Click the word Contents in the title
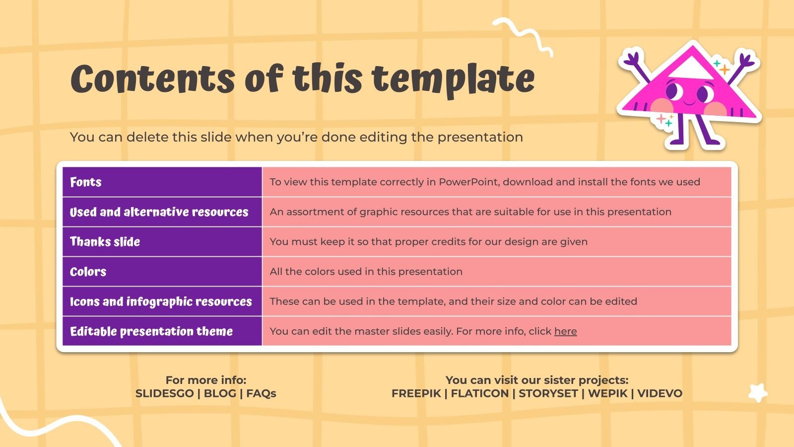tap(153, 79)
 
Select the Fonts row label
tap(86, 182)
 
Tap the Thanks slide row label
tap(105, 241)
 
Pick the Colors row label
tap(88, 272)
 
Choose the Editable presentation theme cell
tap(162, 331)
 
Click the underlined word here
tap(565, 331)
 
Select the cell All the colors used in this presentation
tap(497, 272)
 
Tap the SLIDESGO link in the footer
tap(164, 393)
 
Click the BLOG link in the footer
tap(220, 393)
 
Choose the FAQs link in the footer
tap(261, 393)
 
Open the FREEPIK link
tap(416, 393)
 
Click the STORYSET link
tap(548, 393)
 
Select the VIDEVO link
tap(660, 393)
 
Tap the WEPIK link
tap(608, 393)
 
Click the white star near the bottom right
tap(758, 393)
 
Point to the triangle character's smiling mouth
tap(689, 103)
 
